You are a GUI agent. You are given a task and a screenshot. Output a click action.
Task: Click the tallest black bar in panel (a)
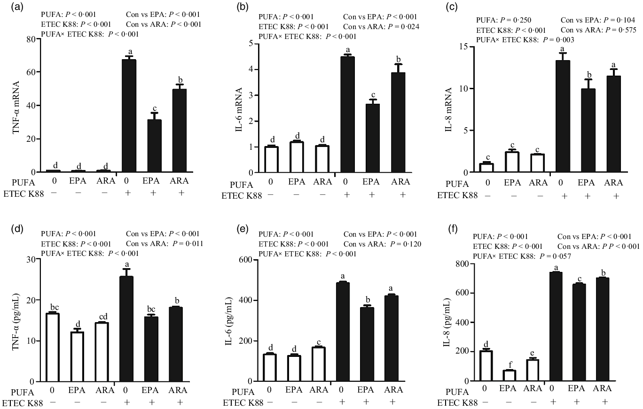coord(129,116)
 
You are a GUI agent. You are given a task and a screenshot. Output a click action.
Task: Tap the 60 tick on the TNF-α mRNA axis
coord(32,72)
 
